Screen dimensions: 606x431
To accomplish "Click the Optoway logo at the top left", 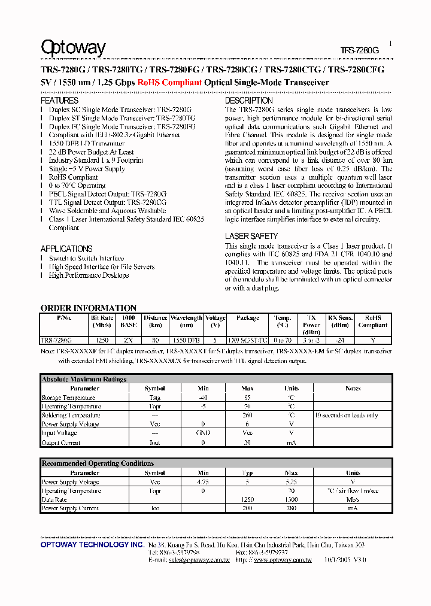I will click(72, 48).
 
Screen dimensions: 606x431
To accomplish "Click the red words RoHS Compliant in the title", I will click(169, 83).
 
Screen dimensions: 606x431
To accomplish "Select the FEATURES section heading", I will click(59, 101).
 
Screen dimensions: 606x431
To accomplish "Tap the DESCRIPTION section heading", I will click(249, 101).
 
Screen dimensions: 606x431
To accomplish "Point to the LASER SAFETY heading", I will click(251, 236).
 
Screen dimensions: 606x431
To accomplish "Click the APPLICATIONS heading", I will click(66, 249).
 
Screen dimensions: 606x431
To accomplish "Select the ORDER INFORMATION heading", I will click(89, 308).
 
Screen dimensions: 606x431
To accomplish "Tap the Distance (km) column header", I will click(155, 322).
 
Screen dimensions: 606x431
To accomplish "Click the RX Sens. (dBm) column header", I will click(340, 322).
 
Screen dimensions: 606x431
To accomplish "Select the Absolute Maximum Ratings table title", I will click(84, 379).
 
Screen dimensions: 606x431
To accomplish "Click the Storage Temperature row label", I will click(68, 398).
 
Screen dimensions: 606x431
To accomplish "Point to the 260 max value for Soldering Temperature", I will click(248, 415).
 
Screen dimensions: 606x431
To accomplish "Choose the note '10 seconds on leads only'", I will click(347, 415).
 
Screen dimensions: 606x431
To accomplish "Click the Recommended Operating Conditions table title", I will click(98, 463).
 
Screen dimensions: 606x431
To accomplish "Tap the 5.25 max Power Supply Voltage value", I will click(291, 481).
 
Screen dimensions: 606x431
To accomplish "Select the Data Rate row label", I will click(54, 499).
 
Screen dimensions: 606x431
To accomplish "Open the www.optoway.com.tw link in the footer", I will click(283, 560).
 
